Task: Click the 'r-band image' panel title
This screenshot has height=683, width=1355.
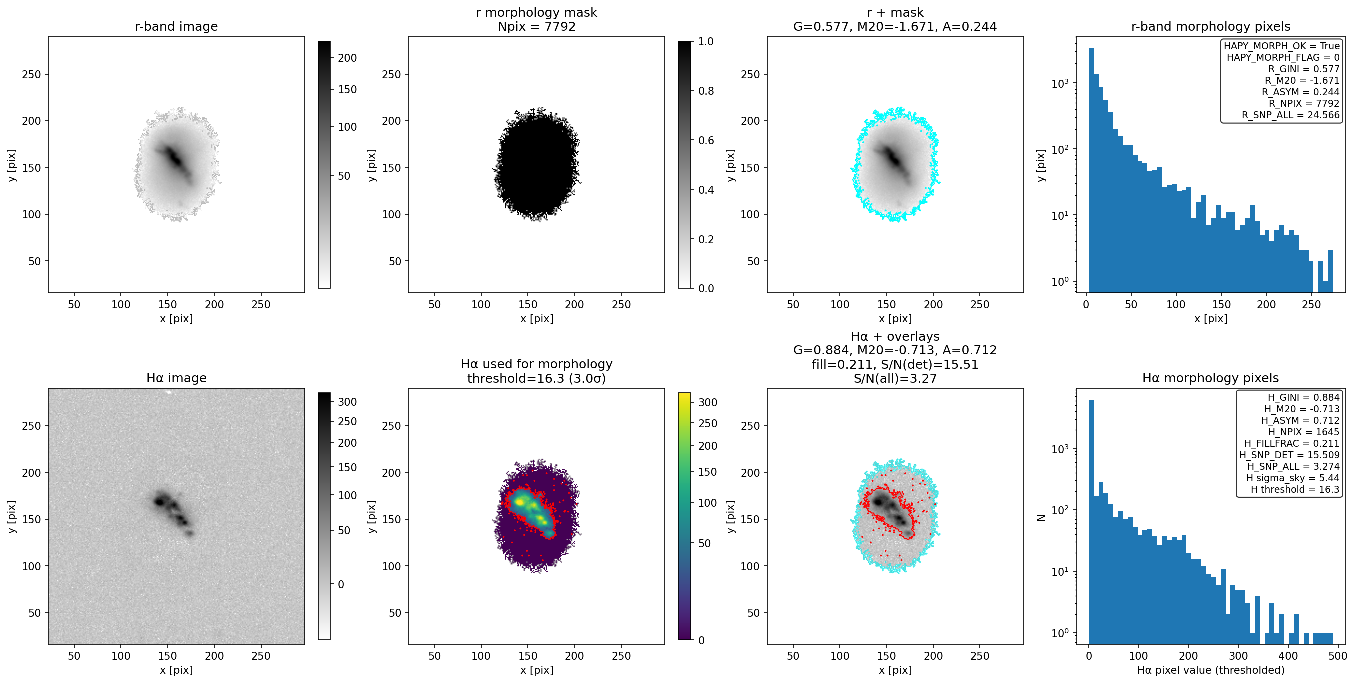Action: point(176,27)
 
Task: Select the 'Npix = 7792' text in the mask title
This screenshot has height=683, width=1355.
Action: point(536,27)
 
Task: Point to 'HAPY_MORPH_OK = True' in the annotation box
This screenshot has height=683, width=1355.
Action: point(1282,46)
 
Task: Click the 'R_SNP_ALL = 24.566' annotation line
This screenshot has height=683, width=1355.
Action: point(1291,115)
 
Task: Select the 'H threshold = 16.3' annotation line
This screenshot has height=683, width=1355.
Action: point(1295,489)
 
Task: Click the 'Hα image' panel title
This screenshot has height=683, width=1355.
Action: point(176,378)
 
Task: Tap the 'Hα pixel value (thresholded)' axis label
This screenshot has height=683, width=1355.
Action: point(1211,670)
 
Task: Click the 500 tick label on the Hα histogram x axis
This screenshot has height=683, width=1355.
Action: point(1337,656)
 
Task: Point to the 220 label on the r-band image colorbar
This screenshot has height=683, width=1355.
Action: point(347,58)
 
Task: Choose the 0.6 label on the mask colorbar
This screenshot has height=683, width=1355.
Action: point(705,140)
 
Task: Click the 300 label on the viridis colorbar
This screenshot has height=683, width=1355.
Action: point(707,402)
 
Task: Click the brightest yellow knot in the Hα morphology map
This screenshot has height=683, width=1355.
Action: point(520,502)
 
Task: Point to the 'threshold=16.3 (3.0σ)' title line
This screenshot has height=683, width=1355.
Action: point(536,379)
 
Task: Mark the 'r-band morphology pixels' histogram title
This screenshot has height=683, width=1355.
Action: point(1211,27)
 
